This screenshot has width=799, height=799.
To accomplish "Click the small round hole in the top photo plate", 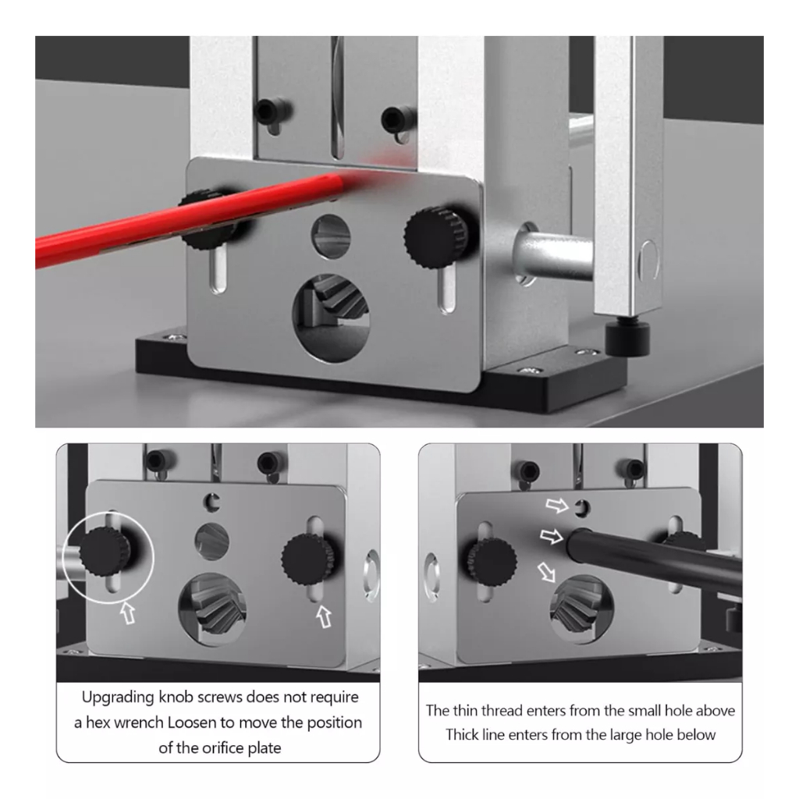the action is (331, 236).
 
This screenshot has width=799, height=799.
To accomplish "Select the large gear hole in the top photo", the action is (331, 318).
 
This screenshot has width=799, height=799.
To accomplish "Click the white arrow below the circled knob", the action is (129, 613).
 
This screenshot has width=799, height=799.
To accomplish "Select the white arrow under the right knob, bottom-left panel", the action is (324, 616).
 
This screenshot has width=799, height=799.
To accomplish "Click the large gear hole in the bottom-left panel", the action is (212, 609).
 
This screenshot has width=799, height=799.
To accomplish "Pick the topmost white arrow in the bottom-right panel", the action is (557, 505).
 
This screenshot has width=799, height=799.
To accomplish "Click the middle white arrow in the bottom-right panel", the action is (552, 535).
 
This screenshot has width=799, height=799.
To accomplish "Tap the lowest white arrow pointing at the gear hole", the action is (546, 572).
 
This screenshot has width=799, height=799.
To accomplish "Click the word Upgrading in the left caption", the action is (119, 698).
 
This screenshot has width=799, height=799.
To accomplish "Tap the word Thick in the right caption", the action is (463, 735).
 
